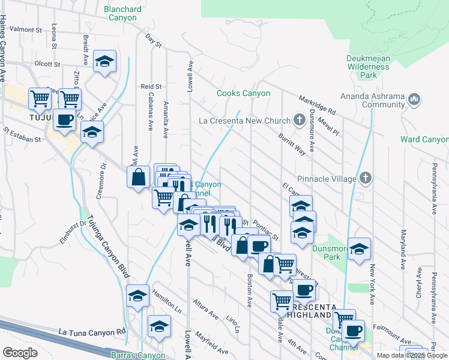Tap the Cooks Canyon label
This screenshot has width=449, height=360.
pos(243,94)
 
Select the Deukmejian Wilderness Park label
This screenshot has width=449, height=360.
pos(368,67)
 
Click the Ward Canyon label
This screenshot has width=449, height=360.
pos(424,140)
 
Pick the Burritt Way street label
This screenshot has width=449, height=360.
pos(292,145)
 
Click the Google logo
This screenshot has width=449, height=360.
pos(20,353)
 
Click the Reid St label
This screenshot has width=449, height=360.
pos(151,87)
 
